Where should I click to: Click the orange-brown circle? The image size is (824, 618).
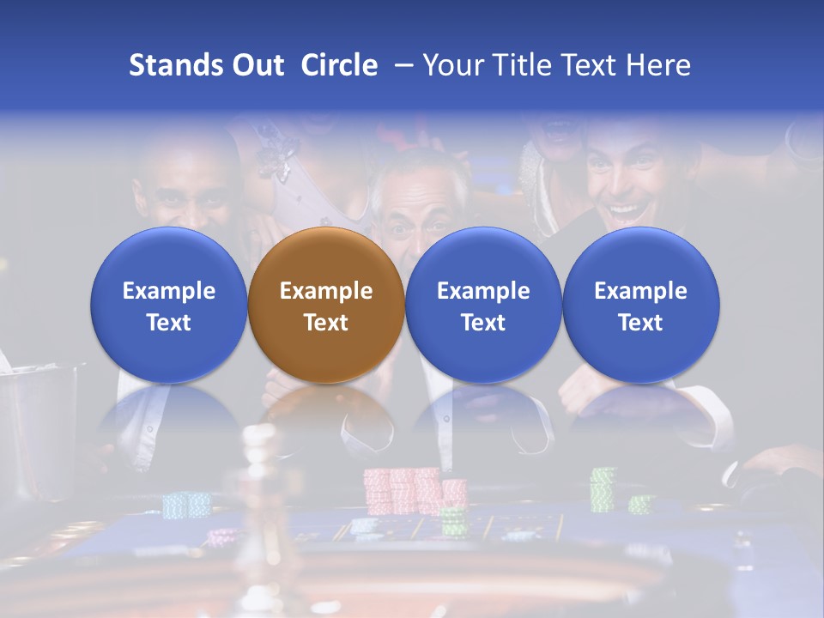(x=326, y=305)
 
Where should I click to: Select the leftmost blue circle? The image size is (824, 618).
(x=169, y=305)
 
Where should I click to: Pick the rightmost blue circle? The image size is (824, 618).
(x=641, y=305)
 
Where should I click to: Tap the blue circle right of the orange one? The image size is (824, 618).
(x=483, y=305)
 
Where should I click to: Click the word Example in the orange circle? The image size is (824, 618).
(x=326, y=291)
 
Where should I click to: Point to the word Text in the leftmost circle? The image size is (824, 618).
(x=169, y=323)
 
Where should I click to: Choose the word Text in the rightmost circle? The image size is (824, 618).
(x=641, y=323)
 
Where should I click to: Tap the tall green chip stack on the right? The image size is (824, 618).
(x=603, y=489)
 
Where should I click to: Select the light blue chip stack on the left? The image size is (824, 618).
(x=186, y=504)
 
